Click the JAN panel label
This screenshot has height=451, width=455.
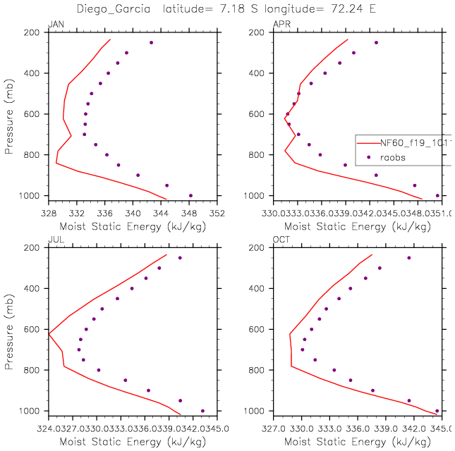(x=54, y=25)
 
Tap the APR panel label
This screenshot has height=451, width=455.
(x=280, y=25)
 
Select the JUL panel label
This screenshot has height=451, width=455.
(x=54, y=240)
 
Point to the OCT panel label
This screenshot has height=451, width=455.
(x=280, y=240)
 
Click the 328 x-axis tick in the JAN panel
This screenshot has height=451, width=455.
(x=48, y=211)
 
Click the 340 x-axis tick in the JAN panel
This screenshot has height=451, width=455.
(x=133, y=211)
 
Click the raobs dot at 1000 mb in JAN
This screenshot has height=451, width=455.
(x=190, y=195)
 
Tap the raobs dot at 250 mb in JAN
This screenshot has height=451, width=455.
(x=151, y=42)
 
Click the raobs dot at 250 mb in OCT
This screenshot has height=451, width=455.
(x=408, y=258)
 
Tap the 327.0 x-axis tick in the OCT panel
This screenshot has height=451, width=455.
(x=275, y=426)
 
